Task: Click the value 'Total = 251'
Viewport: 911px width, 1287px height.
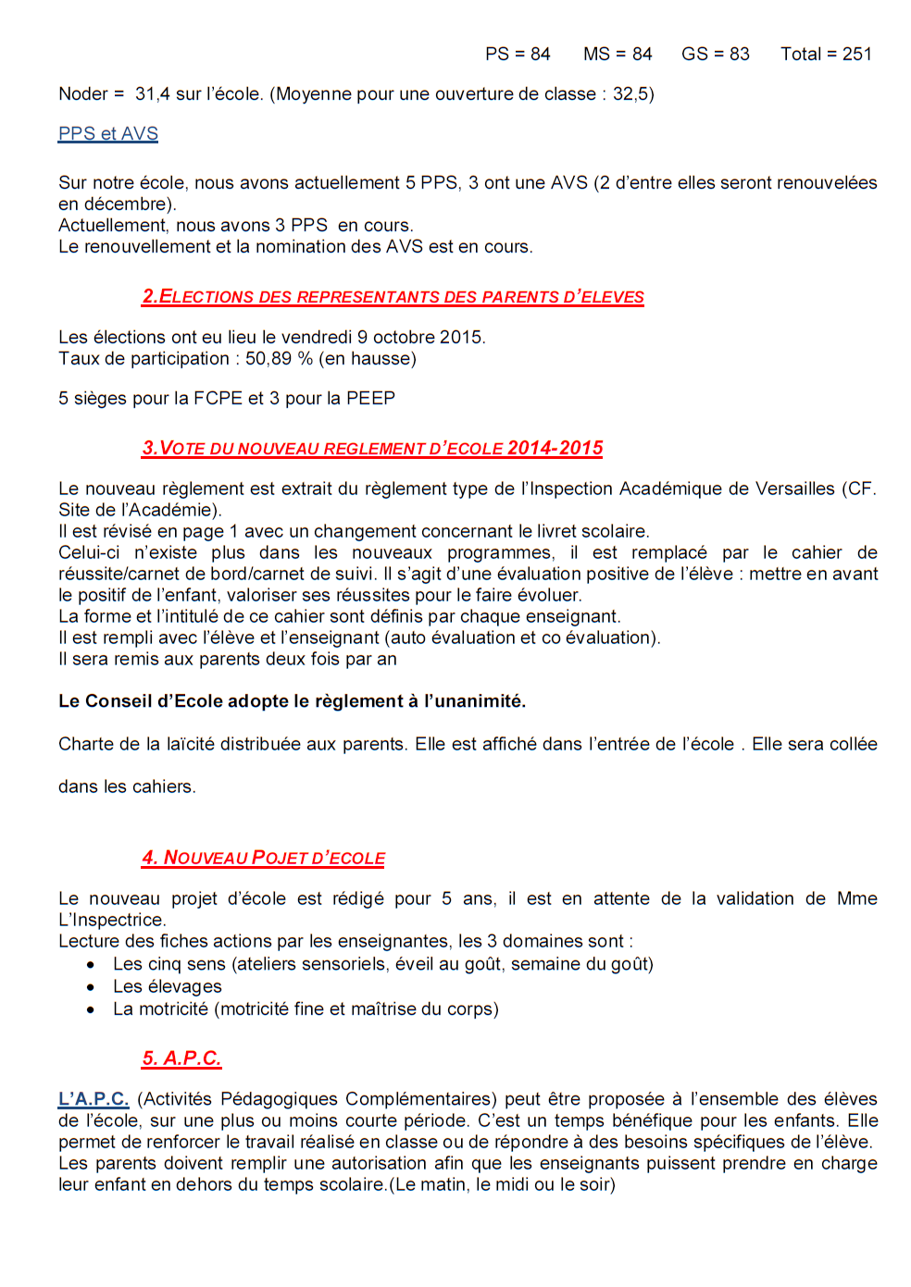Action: pos(826,55)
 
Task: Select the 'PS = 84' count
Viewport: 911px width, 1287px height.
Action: pos(518,55)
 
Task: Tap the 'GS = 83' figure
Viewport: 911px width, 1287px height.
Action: pos(715,55)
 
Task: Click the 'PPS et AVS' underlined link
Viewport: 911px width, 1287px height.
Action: pos(108,134)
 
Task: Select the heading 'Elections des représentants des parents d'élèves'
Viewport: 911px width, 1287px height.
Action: pos(393,297)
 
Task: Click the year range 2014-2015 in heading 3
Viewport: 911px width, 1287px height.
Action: pos(555,449)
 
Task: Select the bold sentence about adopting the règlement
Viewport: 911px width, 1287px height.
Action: pos(292,701)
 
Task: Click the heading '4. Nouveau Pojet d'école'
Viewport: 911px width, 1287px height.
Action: pos(264,859)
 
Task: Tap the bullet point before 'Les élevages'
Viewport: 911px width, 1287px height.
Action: pos(91,987)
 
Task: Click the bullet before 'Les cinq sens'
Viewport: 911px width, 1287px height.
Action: pos(91,965)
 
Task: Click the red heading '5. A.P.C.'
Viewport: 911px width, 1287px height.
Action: pos(181,1058)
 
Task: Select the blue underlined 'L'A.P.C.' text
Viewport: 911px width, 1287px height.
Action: pos(94,1099)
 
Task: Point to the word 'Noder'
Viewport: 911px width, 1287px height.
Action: pos(83,94)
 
